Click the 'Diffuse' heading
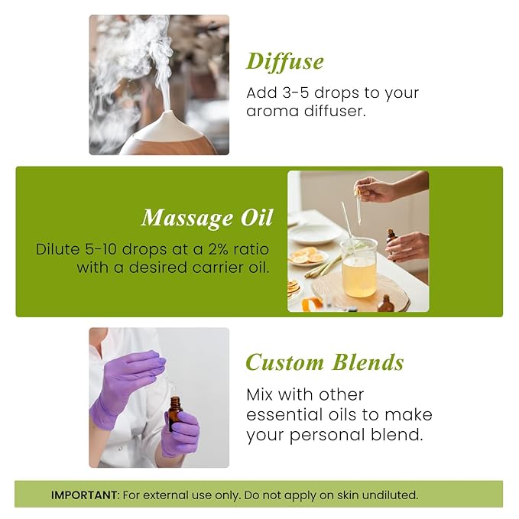pyautogui.click(x=285, y=61)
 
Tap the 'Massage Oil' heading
pyautogui.click(x=206, y=218)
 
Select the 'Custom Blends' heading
pyautogui.click(x=324, y=362)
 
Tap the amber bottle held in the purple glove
pyautogui.click(x=175, y=410)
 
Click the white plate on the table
pyautogui.click(x=313, y=233)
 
